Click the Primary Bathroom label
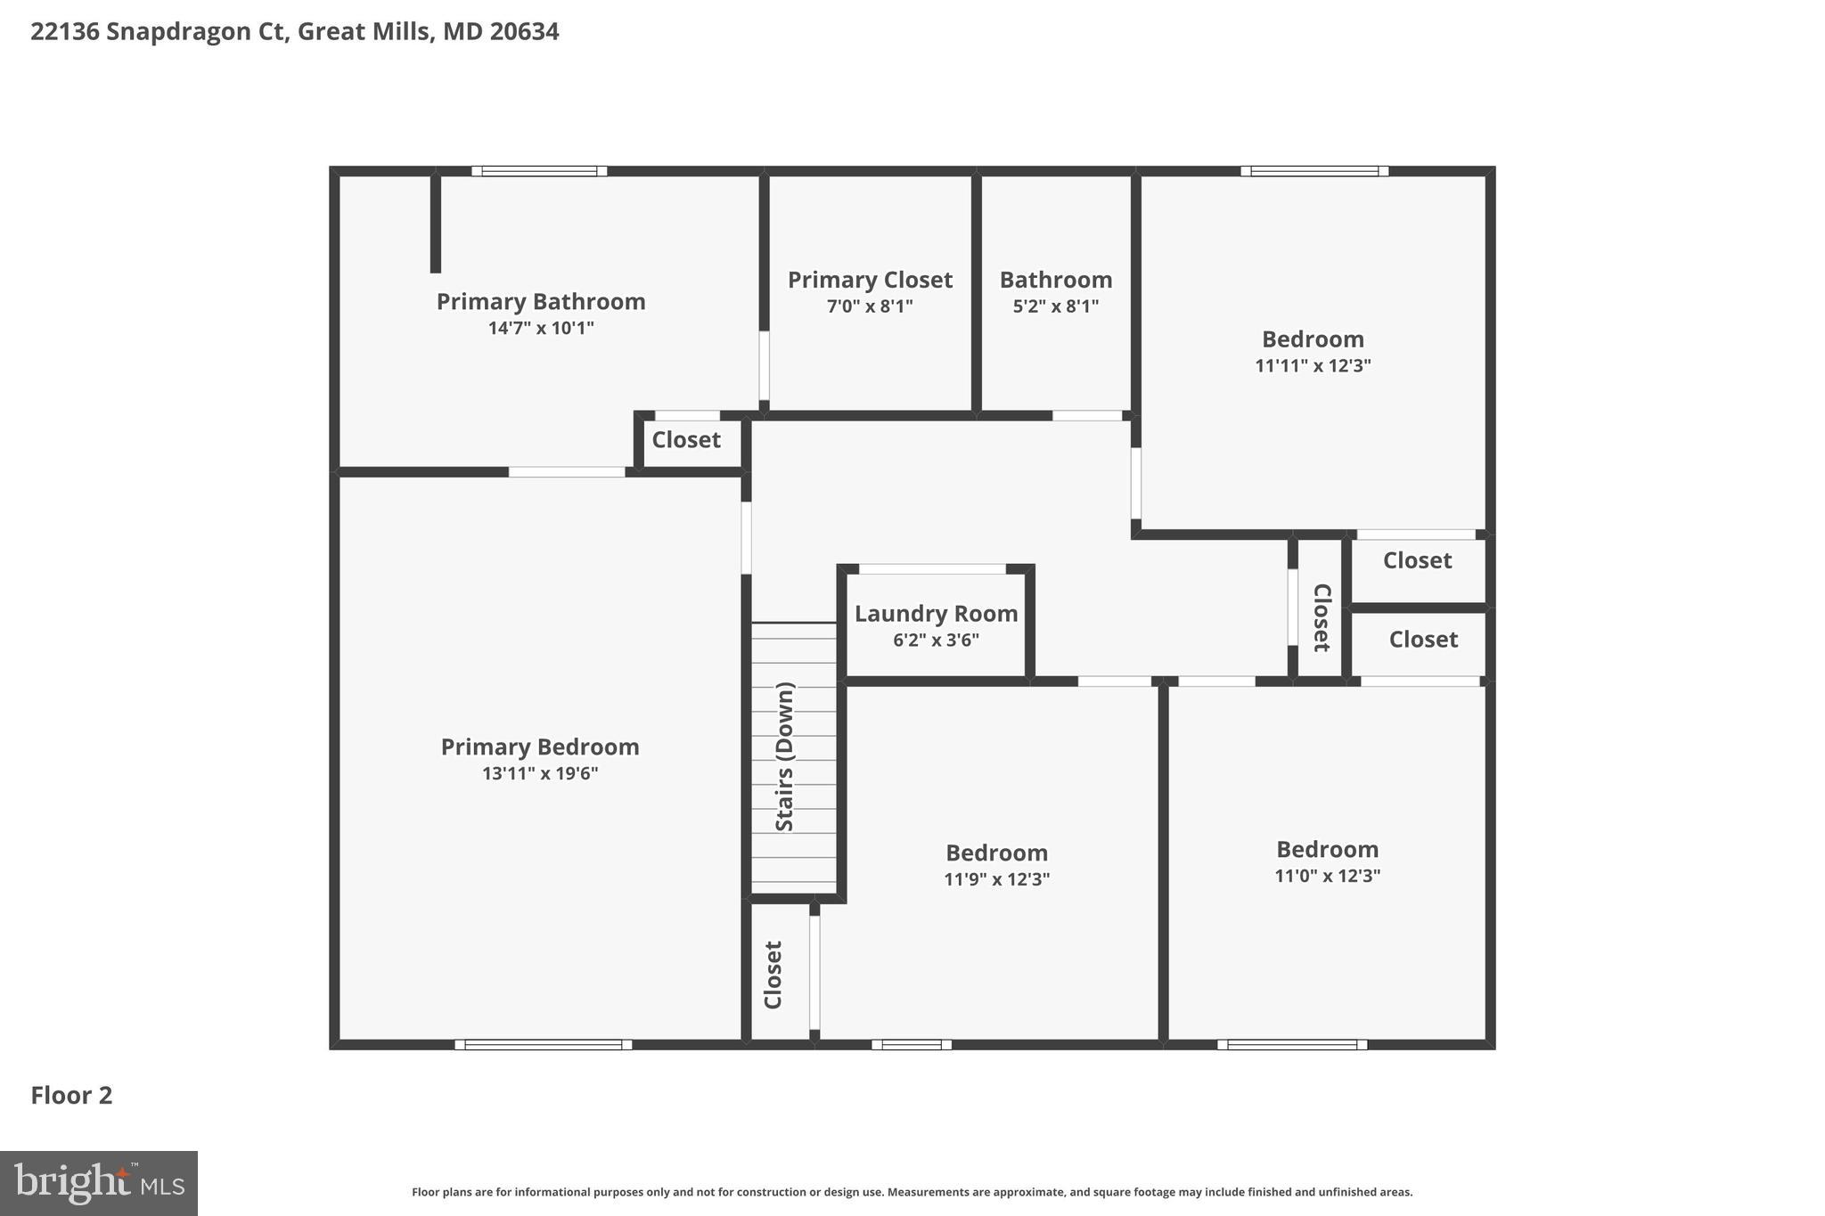[540, 301]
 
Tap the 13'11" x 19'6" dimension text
[540, 773]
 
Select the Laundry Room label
[936, 614]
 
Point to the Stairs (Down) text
[784, 756]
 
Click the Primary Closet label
[870, 280]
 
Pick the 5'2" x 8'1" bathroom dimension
[1055, 306]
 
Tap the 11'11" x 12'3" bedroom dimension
[1313, 365]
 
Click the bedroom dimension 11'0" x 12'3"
[1327, 876]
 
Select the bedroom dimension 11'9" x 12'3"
[996, 879]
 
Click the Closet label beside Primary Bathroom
[685, 440]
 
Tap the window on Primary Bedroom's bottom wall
[543, 1044]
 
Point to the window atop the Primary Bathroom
[539, 171]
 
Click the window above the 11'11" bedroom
[1314, 171]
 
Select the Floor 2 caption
[71, 1095]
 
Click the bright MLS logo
[99, 1183]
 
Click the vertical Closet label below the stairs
[773, 975]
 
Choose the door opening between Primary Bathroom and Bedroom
[567, 472]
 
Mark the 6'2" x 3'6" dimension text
[936, 640]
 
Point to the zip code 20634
[524, 32]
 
